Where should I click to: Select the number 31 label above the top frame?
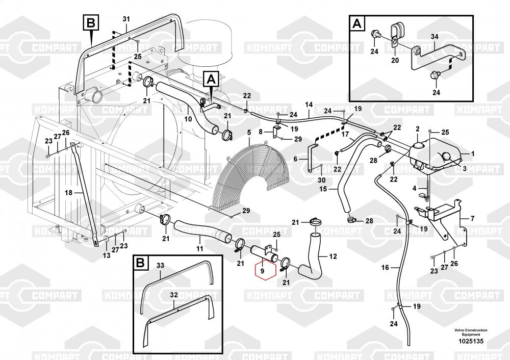[x=126, y=19]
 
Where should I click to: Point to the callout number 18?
[x=68, y=193]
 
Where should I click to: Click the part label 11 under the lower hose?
[x=199, y=249]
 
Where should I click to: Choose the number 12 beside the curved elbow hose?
[x=334, y=256]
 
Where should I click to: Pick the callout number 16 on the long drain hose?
[x=385, y=267]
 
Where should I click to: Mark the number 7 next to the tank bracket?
[x=472, y=218]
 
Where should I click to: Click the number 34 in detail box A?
[x=434, y=37]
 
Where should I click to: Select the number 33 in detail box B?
[x=160, y=266]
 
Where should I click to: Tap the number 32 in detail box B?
[x=173, y=295]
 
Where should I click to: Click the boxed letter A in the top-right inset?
[x=357, y=23]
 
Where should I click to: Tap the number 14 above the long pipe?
[x=309, y=105]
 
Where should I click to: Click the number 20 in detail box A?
[x=394, y=60]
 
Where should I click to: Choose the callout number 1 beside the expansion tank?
[x=472, y=153]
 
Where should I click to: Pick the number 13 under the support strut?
[x=106, y=255]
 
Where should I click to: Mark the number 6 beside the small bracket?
[x=295, y=159]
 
